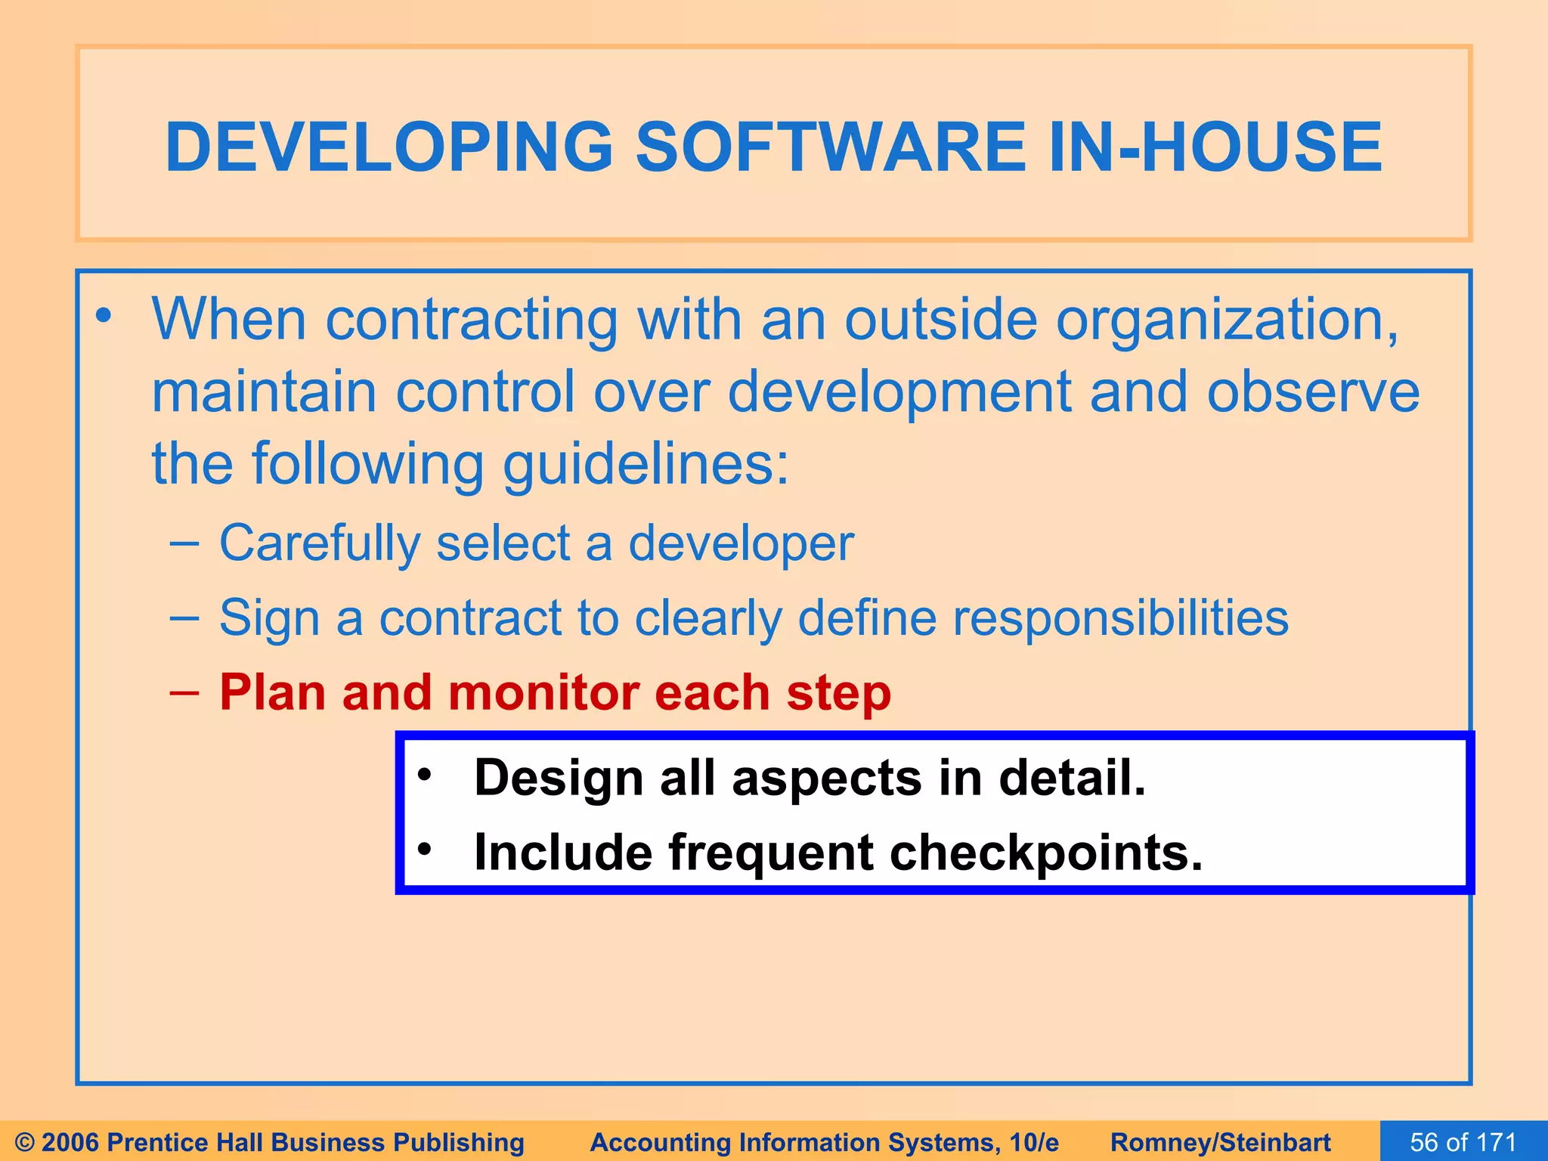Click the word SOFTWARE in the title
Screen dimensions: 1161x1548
tap(831, 147)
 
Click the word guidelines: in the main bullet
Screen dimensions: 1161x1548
tap(646, 463)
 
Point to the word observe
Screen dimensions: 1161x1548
tap(1313, 392)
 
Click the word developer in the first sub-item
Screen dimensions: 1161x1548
tap(741, 543)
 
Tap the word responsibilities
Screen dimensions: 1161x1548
tap(1119, 618)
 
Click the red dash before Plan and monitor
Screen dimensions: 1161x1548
tap(184, 692)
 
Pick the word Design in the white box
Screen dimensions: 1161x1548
tap(558, 779)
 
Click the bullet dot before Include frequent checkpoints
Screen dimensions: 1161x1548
tap(425, 850)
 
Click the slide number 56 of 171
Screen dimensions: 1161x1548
tap(1463, 1141)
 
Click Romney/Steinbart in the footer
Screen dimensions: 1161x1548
tap(1220, 1142)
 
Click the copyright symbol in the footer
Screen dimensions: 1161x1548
tap(24, 1142)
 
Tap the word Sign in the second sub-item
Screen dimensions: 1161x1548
tap(268, 618)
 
